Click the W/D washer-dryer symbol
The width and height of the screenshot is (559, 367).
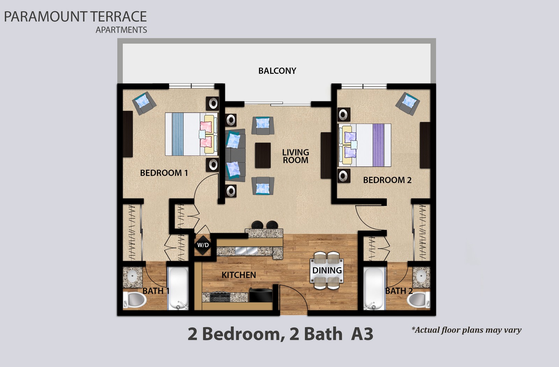click(x=203, y=245)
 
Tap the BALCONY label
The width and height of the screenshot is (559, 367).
click(x=277, y=71)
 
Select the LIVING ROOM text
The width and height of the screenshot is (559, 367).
click(x=296, y=156)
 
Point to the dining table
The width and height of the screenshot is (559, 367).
click(x=327, y=271)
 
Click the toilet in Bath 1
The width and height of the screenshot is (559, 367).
click(x=135, y=300)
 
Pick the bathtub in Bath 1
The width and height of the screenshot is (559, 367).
click(x=179, y=288)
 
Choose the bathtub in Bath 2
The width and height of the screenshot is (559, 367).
click(x=374, y=288)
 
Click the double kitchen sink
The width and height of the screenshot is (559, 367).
click(x=247, y=250)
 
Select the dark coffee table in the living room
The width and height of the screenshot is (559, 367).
click(x=263, y=155)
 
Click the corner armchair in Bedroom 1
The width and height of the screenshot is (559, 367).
click(x=144, y=103)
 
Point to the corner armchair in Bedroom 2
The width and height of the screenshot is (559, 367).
click(x=407, y=103)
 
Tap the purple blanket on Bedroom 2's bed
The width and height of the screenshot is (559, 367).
click(x=378, y=145)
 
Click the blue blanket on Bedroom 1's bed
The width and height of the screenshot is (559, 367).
click(x=178, y=134)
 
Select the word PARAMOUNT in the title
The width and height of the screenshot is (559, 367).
click(x=45, y=17)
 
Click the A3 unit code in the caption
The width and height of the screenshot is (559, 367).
click(x=362, y=334)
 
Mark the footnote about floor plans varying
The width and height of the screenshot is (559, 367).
click(x=466, y=330)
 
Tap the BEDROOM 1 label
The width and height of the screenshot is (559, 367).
click(x=164, y=173)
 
